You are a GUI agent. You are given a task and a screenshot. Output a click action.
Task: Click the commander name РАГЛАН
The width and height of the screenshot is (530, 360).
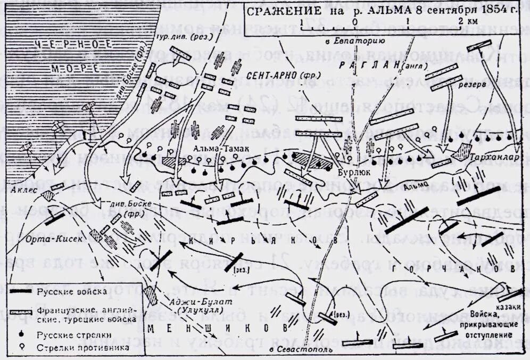tap(362, 64)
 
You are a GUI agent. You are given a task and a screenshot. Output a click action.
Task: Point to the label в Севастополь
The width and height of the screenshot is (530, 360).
tap(301, 350)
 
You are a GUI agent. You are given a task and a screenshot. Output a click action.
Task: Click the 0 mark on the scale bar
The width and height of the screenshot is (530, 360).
tap(355, 22)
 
